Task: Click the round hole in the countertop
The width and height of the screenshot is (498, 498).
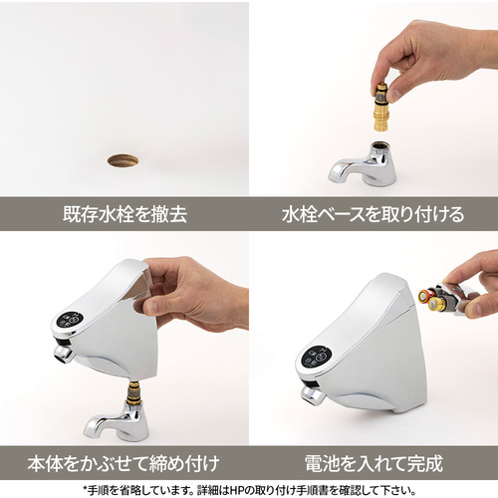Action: tap(123, 161)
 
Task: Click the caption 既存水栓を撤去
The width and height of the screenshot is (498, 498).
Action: tap(124, 214)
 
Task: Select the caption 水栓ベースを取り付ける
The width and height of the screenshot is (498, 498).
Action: tap(373, 214)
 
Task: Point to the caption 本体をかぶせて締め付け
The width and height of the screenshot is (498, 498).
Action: tap(124, 463)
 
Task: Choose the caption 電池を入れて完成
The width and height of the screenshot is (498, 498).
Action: tap(373, 463)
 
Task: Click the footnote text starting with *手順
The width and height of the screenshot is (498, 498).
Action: tap(249, 490)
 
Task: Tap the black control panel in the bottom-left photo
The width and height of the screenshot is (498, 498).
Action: tap(71, 321)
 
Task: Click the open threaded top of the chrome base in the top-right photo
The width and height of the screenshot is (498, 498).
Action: tap(378, 145)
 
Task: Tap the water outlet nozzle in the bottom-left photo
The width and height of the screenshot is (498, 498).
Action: tap(64, 354)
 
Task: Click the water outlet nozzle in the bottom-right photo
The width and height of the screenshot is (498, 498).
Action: tap(312, 395)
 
